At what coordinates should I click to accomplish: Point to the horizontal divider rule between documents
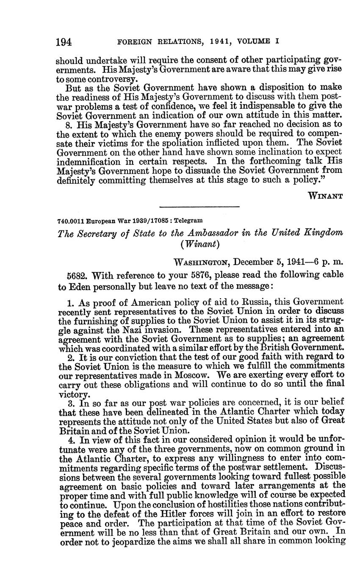tap(199, 207)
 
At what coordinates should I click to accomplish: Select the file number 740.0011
tap(71, 221)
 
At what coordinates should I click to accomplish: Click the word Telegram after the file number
tap(188, 221)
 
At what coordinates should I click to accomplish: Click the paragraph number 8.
tap(69, 125)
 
